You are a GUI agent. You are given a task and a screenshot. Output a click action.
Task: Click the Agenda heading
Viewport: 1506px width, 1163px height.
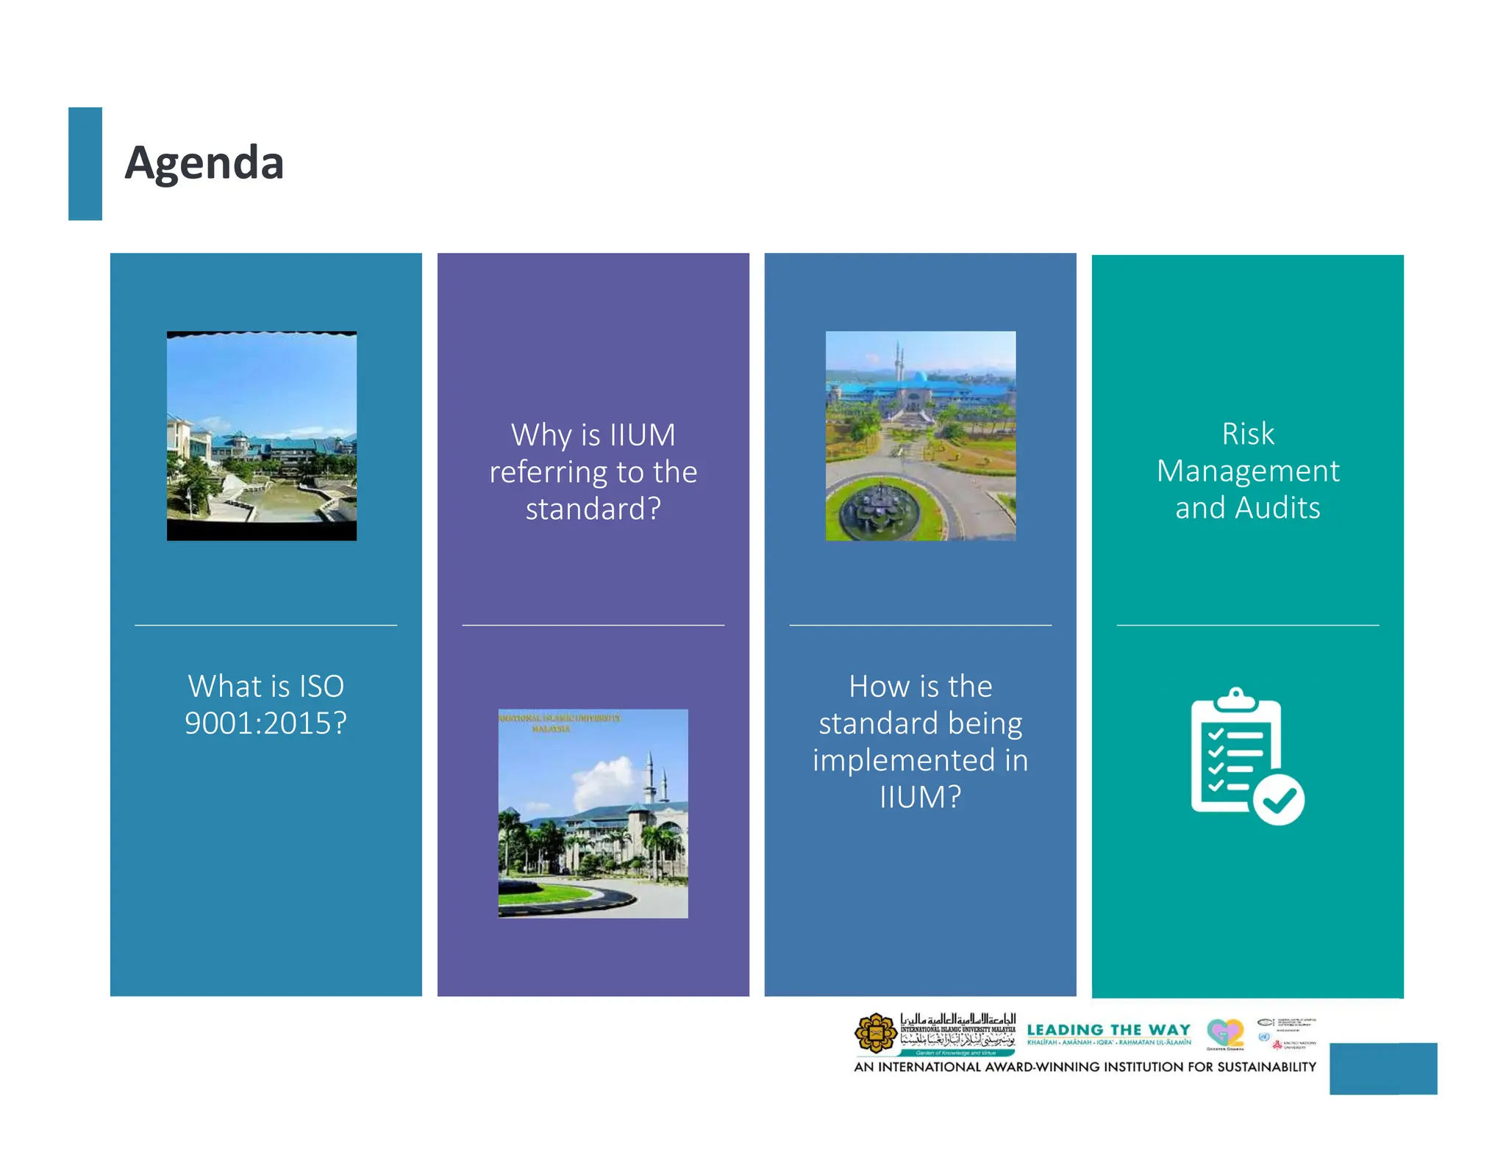(x=204, y=162)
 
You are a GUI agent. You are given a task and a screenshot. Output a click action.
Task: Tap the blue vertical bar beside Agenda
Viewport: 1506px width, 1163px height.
(x=85, y=163)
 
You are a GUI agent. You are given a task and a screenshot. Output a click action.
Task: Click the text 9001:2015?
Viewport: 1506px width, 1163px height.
(x=265, y=723)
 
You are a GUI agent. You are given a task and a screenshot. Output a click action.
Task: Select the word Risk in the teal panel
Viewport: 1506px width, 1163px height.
(x=1247, y=434)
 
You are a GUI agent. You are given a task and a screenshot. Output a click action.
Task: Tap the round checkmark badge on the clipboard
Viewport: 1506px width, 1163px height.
(x=1279, y=800)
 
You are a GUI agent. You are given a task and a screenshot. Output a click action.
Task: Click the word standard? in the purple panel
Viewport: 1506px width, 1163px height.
(x=593, y=509)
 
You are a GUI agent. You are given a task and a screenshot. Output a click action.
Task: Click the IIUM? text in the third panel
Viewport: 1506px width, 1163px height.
(x=920, y=797)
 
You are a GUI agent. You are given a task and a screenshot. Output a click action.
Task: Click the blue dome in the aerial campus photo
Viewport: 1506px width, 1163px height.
(x=918, y=378)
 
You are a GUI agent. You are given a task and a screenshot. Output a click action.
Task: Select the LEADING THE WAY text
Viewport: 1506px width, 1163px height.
(x=1108, y=1030)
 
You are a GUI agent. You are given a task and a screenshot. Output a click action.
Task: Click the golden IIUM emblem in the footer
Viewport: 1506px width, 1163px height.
(x=875, y=1033)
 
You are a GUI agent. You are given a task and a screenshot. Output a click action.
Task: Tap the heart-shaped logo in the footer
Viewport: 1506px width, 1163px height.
(x=1224, y=1033)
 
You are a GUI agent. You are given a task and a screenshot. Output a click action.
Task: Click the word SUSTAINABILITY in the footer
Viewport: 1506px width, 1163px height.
(x=1266, y=1067)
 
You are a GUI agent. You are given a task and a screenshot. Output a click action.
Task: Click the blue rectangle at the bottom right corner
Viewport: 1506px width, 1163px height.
(x=1382, y=1068)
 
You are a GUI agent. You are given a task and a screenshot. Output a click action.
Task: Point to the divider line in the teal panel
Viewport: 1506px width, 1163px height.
(x=1247, y=626)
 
